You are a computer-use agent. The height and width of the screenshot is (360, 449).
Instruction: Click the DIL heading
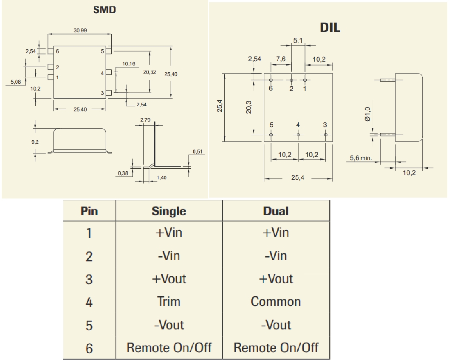[330, 28]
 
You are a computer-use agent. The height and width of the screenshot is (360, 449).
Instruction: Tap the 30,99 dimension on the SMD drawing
[81, 31]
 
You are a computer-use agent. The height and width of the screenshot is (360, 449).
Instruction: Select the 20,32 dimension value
[150, 72]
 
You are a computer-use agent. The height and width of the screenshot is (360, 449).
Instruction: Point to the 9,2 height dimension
[36, 142]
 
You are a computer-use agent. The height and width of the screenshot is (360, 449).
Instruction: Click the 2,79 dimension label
[145, 120]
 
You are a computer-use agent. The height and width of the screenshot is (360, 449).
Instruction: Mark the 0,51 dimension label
[197, 151]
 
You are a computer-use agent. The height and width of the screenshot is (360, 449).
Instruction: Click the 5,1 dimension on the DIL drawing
[298, 40]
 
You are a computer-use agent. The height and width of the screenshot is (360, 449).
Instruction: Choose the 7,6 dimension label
[281, 59]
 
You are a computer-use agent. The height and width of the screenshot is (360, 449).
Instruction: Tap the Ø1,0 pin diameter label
[368, 114]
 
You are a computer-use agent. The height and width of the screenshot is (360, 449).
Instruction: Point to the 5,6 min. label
[361, 158]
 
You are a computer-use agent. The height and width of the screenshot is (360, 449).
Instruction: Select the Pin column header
[89, 211]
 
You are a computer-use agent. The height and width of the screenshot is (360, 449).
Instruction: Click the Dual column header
[276, 211]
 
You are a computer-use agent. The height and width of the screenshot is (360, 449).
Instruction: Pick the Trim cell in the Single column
[169, 302]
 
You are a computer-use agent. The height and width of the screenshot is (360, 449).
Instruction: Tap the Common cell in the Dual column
[276, 302]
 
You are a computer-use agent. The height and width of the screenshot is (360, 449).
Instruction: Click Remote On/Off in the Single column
[169, 348]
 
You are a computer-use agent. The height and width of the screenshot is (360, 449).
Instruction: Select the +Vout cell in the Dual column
[276, 279]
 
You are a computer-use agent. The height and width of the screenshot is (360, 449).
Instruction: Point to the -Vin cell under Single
[169, 256]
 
